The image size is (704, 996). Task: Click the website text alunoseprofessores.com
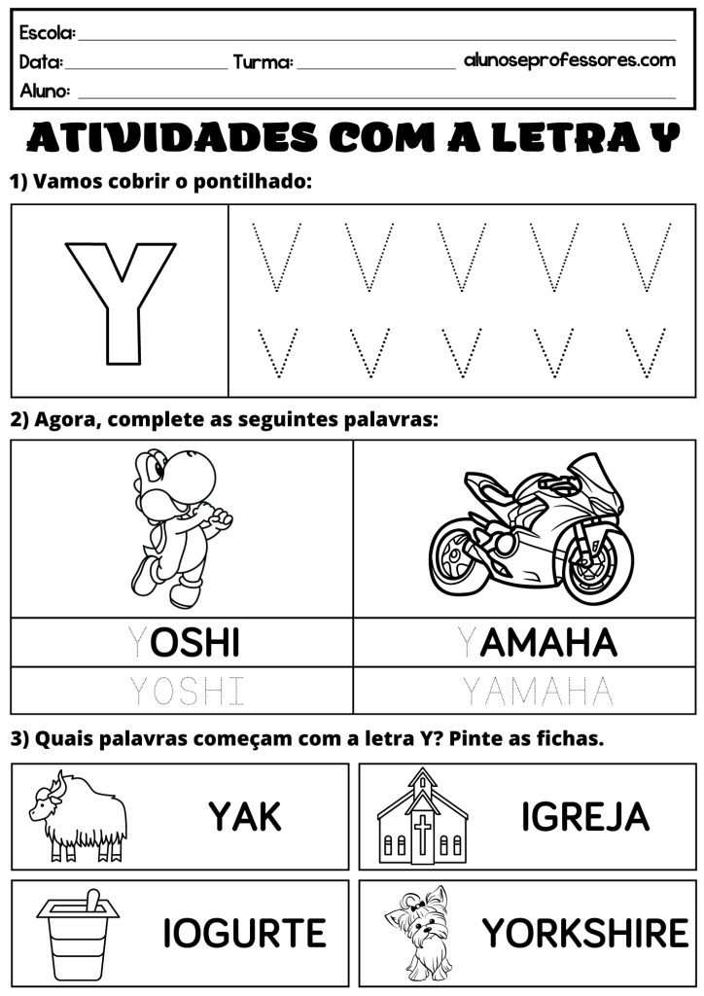[x=569, y=60]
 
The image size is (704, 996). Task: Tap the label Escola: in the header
[x=47, y=33]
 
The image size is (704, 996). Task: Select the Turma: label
[x=263, y=63]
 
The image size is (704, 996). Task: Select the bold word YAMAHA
[x=537, y=642]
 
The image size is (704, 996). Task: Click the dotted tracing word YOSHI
[x=187, y=692]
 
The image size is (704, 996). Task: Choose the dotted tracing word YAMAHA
[x=537, y=692]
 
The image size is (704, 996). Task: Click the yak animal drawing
[x=79, y=816]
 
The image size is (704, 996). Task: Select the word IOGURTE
[x=244, y=934]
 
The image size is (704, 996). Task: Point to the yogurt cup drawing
[x=79, y=934]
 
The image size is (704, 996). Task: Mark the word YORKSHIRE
[x=585, y=934]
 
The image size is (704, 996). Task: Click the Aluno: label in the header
[x=45, y=91]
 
